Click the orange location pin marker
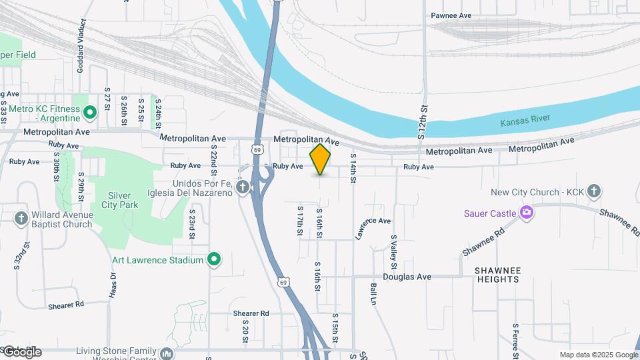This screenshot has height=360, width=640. tap(321, 159)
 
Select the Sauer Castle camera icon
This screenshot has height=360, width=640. tap(527, 213)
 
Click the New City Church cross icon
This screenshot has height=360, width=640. tap(594, 192)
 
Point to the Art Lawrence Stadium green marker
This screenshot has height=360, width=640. tap(214, 259)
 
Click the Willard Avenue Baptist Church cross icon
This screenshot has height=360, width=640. tap(21, 217)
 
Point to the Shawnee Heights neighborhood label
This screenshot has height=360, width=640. tap(497, 275)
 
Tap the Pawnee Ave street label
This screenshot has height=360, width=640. tap(451, 15)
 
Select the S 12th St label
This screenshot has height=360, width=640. tap(421, 122)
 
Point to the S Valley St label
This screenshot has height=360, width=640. tap(393, 247)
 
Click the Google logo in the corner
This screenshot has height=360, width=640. tap(22, 351)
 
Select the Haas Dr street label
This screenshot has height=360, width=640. tap(111, 285)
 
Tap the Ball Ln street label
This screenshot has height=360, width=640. tap(373, 294)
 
